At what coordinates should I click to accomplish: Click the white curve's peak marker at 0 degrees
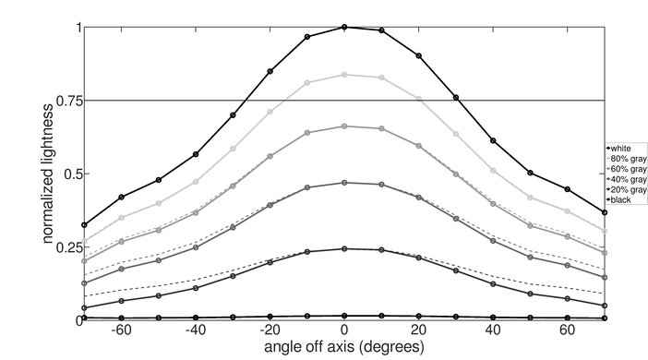coord(344,27)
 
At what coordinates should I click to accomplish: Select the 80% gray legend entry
coord(624,158)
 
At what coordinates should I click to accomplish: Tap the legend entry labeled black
coord(624,198)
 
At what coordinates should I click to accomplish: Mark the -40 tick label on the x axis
coord(195,331)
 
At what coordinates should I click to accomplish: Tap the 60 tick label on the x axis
coord(568,331)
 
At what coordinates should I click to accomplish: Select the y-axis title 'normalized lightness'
coord(45,173)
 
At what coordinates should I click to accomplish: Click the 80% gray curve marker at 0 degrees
coord(344,74)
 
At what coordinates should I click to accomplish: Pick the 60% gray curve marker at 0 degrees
coord(344,126)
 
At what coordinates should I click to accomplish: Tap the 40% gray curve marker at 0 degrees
coord(344,183)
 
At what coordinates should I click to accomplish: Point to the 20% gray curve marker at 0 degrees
coord(344,248)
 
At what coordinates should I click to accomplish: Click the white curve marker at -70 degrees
coord(84,224)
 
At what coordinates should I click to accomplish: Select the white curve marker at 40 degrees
coord(493,140)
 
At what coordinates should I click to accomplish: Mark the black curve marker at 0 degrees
coord(344,316)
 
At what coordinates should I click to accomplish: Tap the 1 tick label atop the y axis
coord(75,27)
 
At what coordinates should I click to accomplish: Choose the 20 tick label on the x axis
coord(419,331)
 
